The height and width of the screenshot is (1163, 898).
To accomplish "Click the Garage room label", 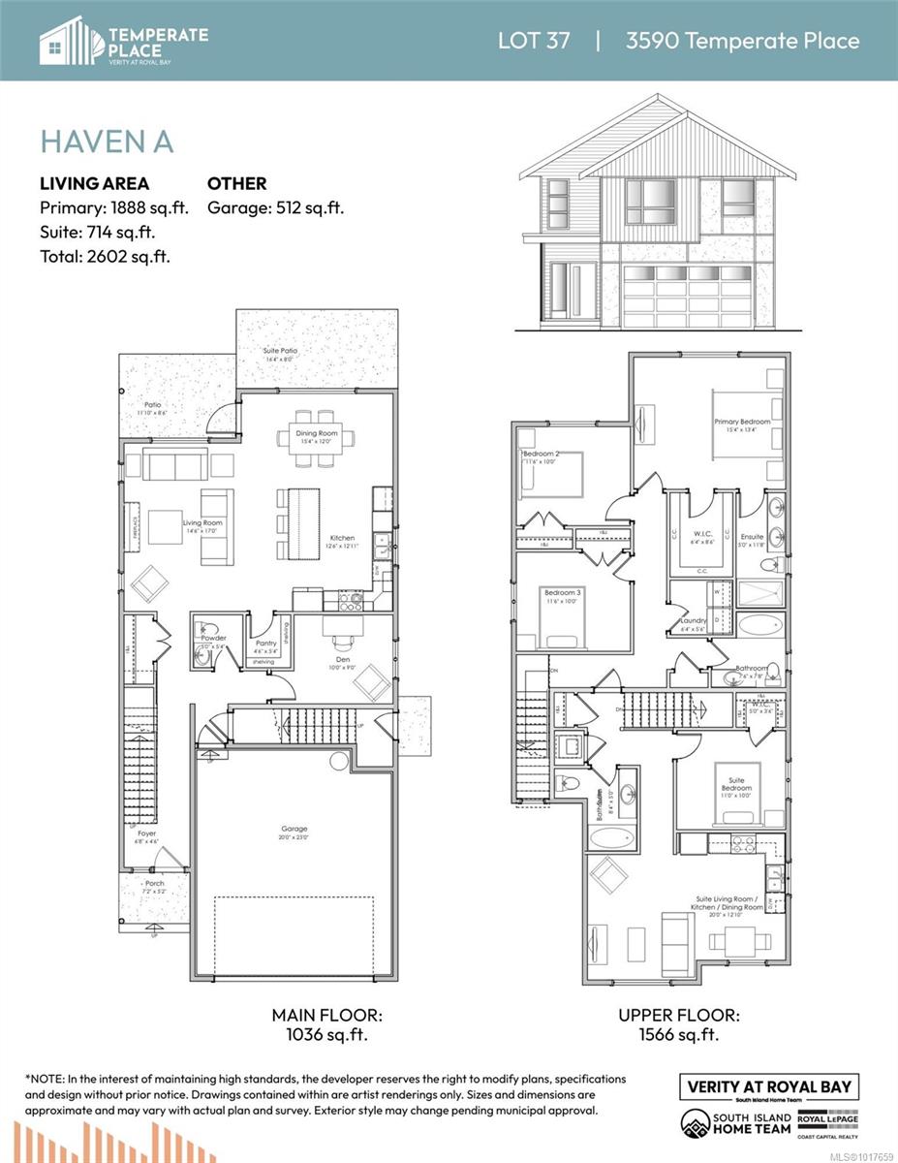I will coord(294,829).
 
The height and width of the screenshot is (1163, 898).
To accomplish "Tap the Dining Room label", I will coord(317,432).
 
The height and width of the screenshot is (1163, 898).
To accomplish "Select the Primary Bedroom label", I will coord(743,422).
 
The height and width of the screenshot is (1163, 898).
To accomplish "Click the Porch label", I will coord(155,884).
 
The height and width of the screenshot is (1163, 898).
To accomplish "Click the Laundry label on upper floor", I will coord(693,620).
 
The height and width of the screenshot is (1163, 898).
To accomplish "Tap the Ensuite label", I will coord(752,536).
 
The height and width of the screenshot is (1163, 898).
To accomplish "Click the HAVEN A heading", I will coord(107,141).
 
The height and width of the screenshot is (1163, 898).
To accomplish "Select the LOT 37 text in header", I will coord(534,40).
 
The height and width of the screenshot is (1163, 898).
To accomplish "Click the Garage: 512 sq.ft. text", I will coord(276,207).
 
